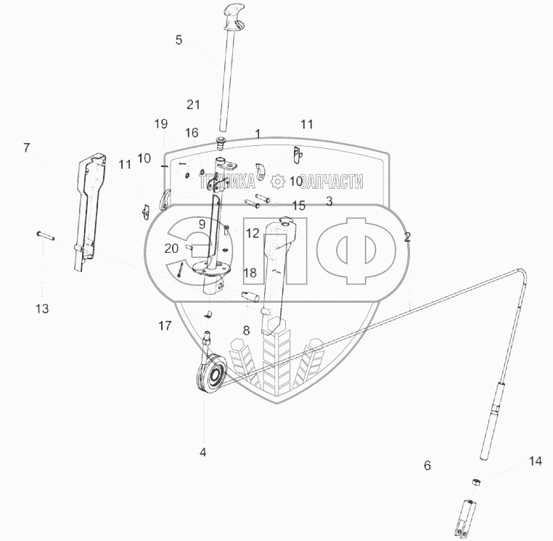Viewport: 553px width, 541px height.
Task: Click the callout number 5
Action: [179, 40]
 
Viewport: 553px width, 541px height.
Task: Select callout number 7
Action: [27, 148]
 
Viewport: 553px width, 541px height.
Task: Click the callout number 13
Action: [42, 309]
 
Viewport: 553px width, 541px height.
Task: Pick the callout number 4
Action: [203, 452]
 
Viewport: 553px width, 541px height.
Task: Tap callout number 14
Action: [535, 461]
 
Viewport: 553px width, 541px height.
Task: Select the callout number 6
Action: [427, 465]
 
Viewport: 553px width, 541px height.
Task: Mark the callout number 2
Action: [407, 237]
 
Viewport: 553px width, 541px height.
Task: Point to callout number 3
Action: [329, 201]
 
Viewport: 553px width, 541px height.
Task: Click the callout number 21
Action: [192, 105]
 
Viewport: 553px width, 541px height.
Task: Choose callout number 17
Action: [165, 326]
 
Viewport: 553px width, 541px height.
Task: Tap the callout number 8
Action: [246, 330]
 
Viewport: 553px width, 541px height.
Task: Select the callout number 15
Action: [298, 206]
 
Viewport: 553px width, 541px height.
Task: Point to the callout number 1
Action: [257, 134]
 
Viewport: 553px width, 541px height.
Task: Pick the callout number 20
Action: [171, 248]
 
